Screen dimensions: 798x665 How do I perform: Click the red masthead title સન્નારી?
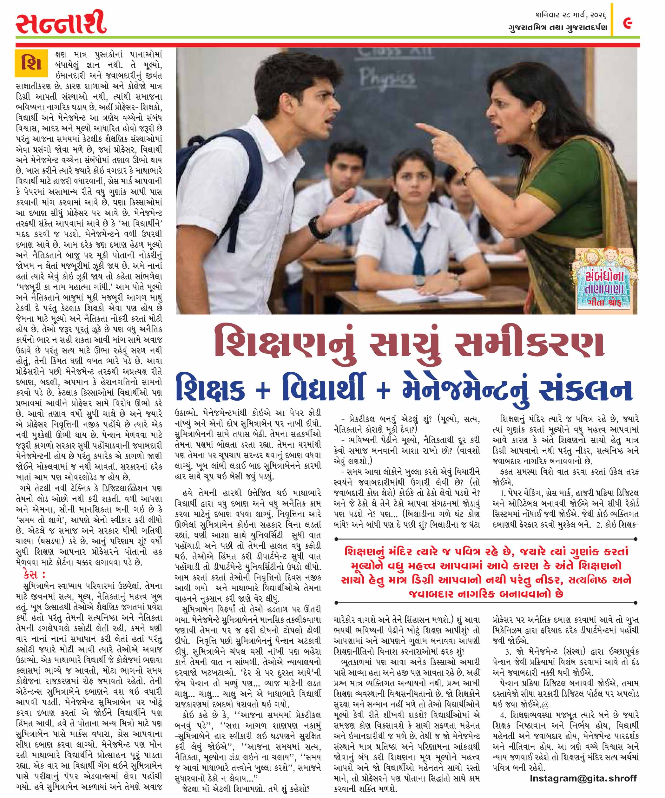pos(61,23)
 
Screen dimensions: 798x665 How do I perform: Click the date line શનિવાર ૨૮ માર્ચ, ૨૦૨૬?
pos(570,16)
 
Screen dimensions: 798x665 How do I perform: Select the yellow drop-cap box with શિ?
pos(31,63)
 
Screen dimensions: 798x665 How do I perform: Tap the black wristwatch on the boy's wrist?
pos(315,227)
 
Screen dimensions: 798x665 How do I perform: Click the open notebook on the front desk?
pos(412,295)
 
